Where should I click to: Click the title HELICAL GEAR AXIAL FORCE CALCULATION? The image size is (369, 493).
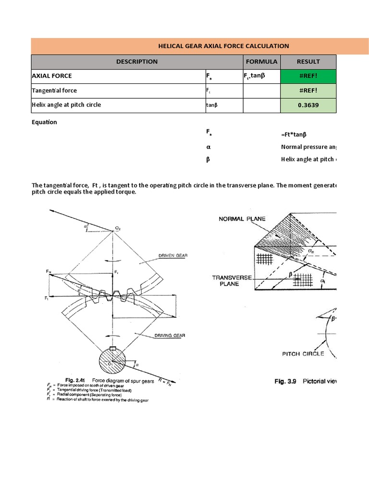[x=223, y=46]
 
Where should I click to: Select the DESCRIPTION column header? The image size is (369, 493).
[x=136, y=62]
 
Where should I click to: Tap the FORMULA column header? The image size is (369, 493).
[x=261, y=62]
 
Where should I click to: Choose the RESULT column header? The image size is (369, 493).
[x=308, y=62]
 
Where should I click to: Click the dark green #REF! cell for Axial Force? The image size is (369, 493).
[x=308, y=76]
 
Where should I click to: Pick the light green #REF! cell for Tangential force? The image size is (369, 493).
[x=308, y=91]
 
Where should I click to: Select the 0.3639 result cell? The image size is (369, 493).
[x=308, y=105]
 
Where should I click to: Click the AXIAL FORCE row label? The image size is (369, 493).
[x=52, y=76]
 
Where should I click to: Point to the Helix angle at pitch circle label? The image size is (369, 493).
[x=66, y=105]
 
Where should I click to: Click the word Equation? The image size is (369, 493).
[x=44, y=122]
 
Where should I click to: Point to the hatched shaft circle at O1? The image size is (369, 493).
[x=112, y=363]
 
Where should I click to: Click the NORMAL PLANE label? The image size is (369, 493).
[x=242, y=219]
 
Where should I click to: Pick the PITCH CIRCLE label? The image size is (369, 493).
[x=303, y=354]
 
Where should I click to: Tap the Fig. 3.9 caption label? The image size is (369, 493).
[x=286, y=381]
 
